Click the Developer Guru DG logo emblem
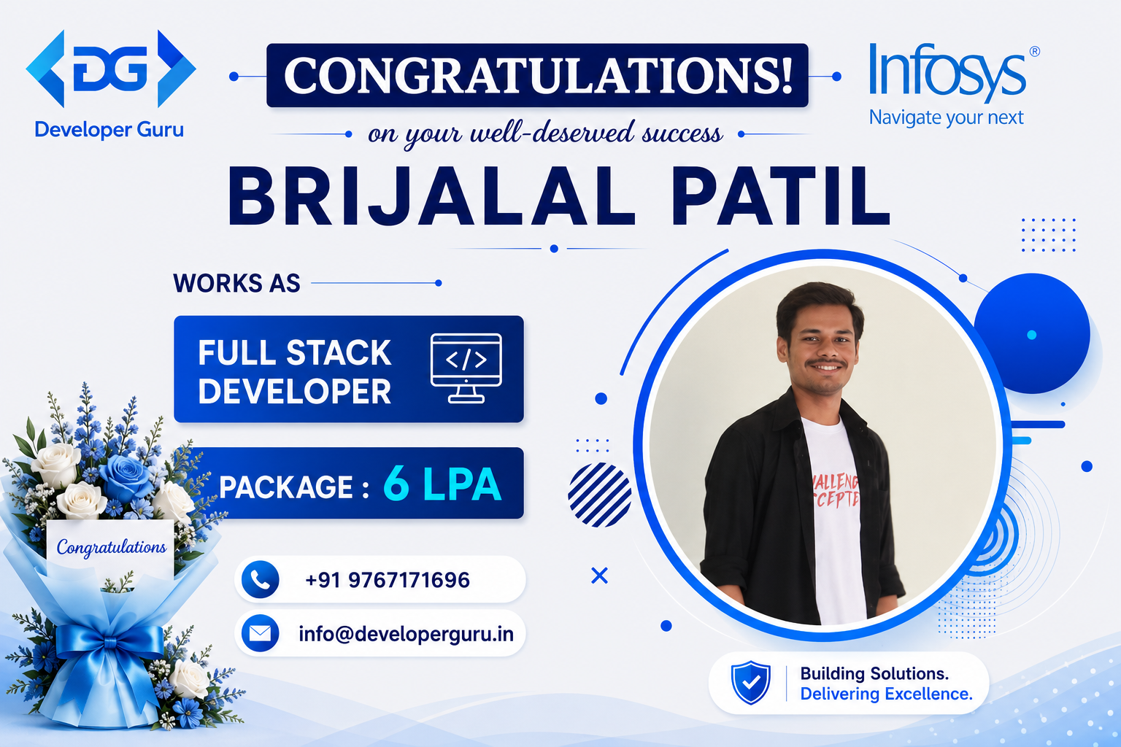click(111, 69)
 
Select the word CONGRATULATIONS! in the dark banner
click(538, 76)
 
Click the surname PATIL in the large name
click(781, 196)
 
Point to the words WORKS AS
click(236, 283)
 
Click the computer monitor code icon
click(466, 368)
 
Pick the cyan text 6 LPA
click(442, 484)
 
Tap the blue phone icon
click(261, 579)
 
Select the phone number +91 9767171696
click(388, 580)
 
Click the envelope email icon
click(261, 633)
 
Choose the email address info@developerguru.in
click(407, 634)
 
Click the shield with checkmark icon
click(751, 682)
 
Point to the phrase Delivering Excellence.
click(886, 694)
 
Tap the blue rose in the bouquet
click(125, 476)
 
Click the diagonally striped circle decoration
click(599, 495)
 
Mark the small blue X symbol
click(599, 576)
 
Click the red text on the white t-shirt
click(836, 490)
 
